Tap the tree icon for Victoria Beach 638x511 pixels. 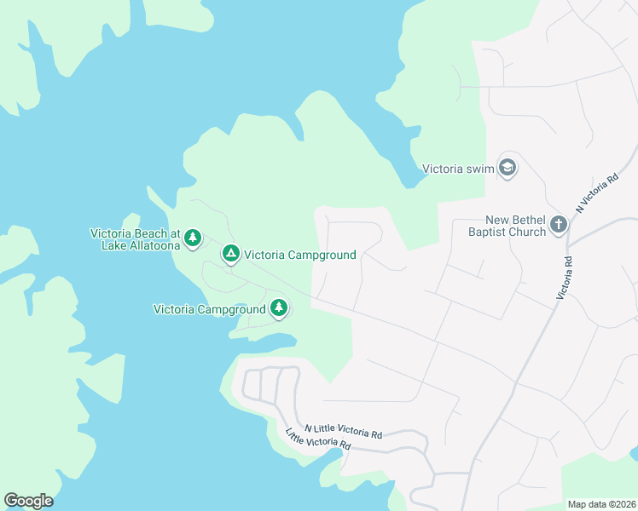[194, 238]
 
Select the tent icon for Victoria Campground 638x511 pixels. [230, 254]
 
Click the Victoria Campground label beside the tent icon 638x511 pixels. [299, 255]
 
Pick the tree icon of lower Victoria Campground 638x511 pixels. [279, 308]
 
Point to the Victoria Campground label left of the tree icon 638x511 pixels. [210, 309]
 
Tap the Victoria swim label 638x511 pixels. [459, 168]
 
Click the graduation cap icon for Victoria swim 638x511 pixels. [508, 167]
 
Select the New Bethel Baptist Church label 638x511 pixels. [507, 226]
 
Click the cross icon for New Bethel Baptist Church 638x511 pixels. [559, 225]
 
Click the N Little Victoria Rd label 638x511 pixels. [343, 432]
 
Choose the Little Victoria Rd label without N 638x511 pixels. [318, 439]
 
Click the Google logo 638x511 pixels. [28, 501]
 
